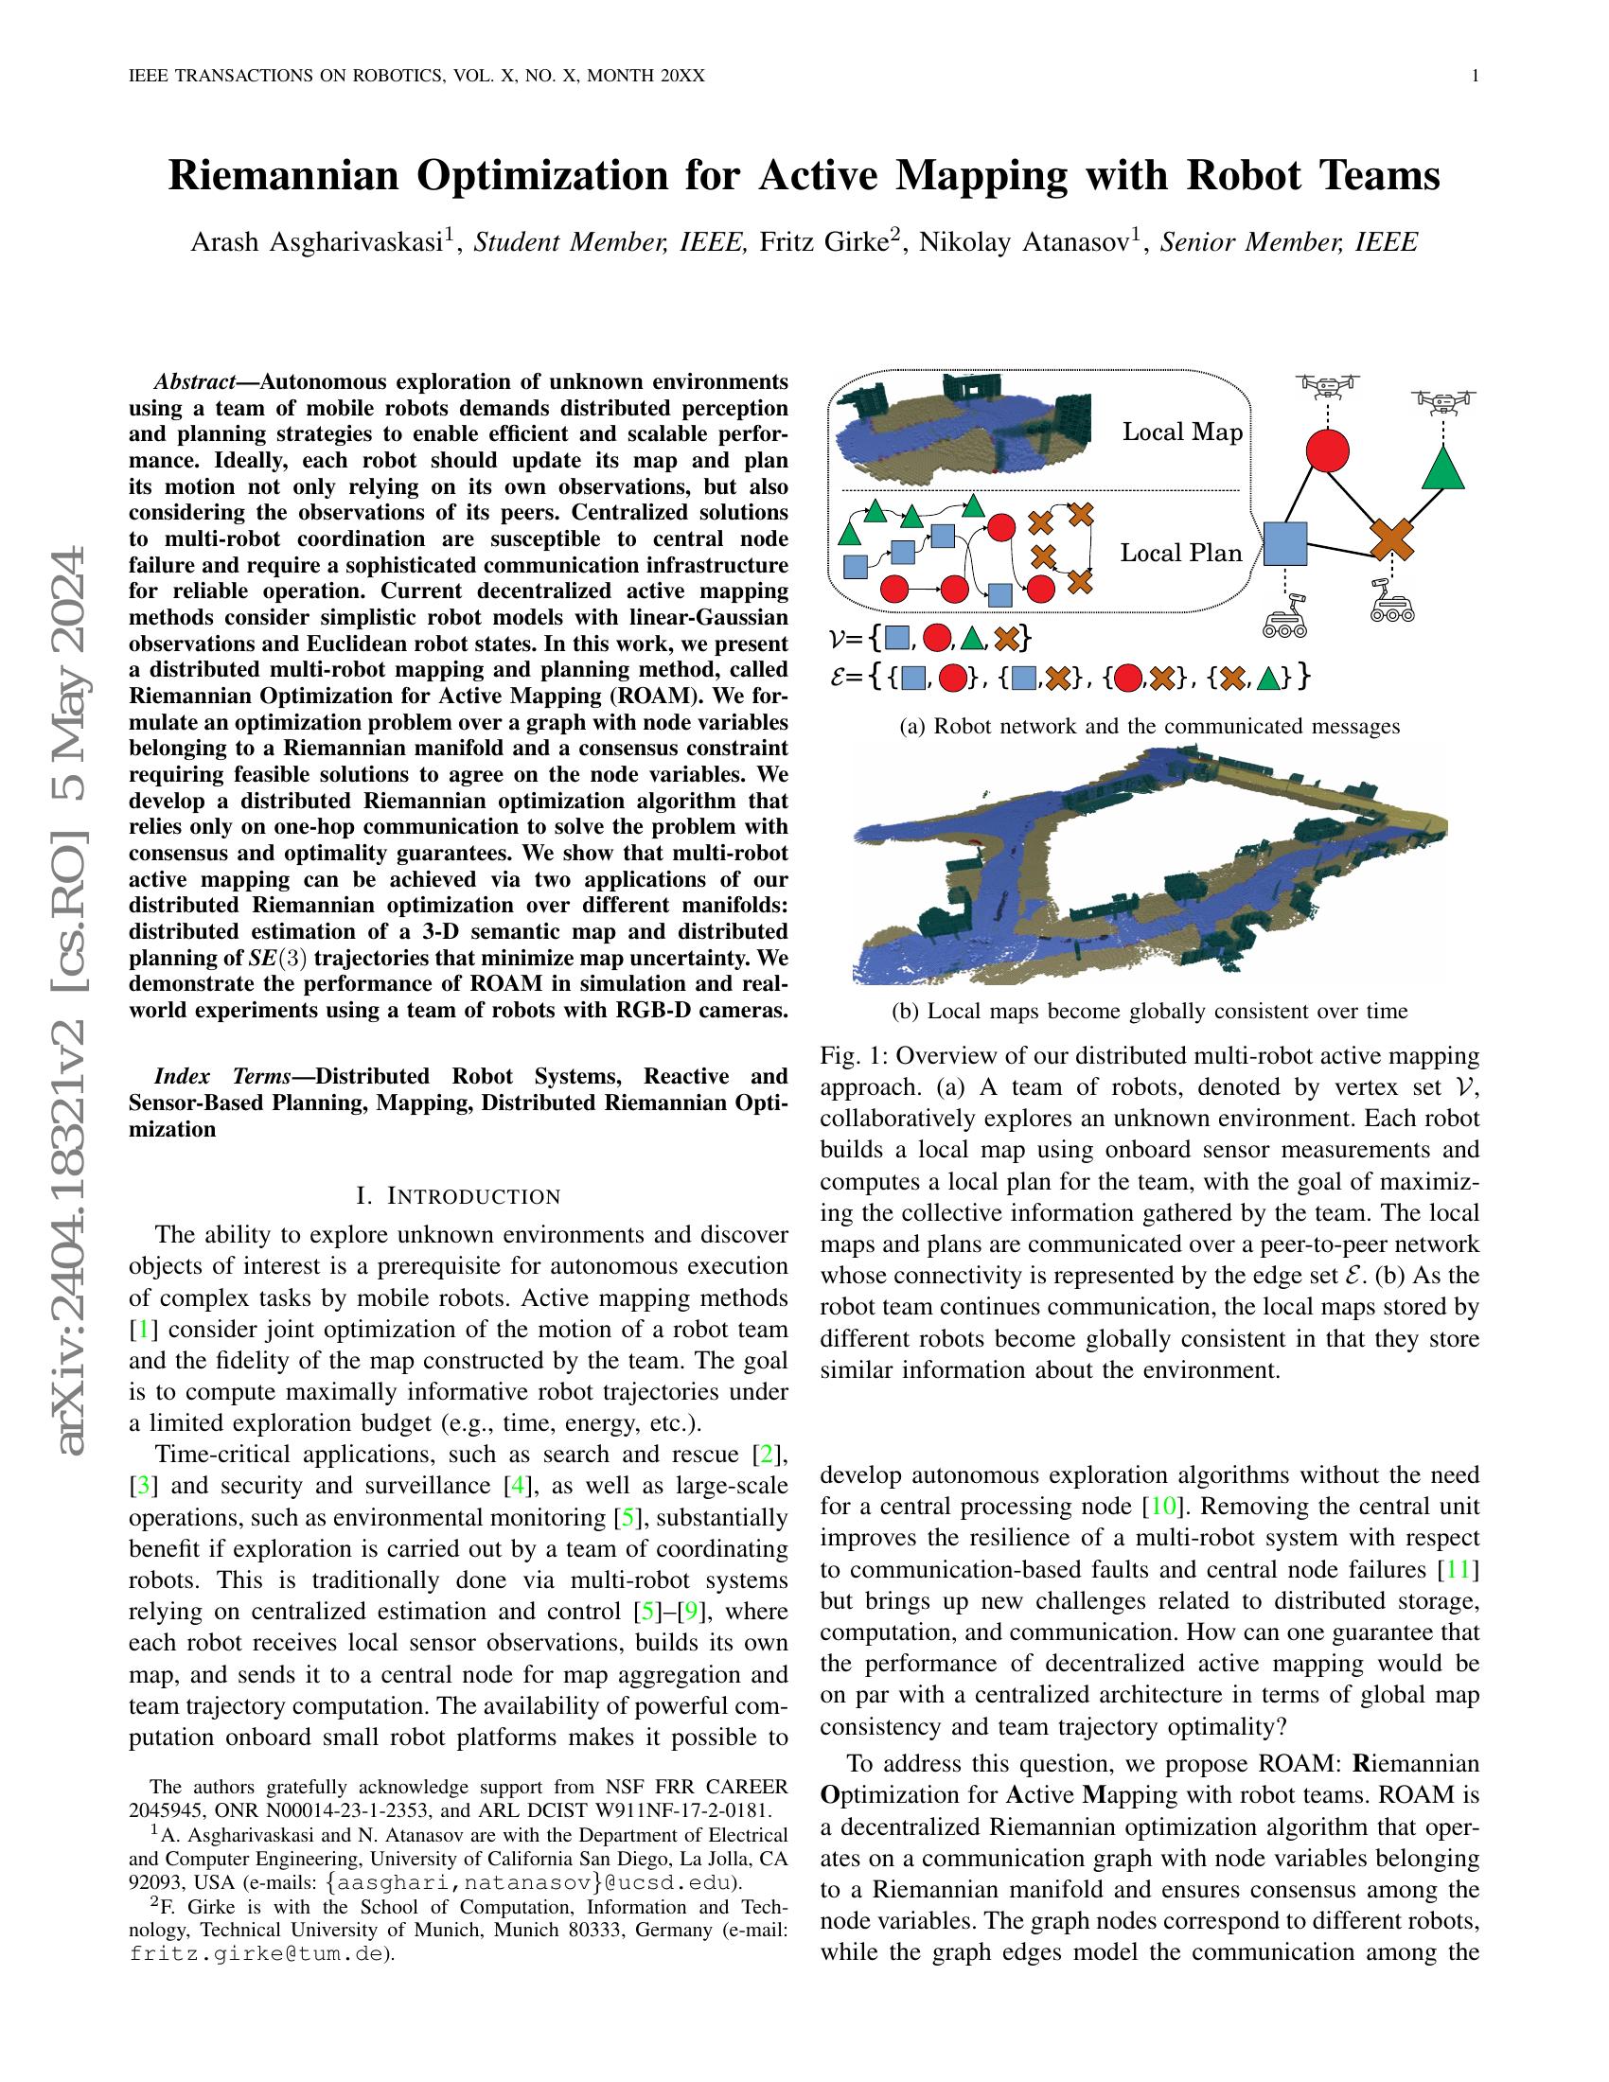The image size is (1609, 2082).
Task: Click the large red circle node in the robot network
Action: tap(1327, 450)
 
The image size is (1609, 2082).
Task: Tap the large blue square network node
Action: tap(1284, 544)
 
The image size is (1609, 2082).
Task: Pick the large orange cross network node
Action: tap(1391, 539)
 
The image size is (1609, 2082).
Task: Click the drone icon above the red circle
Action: tap(1328, 386)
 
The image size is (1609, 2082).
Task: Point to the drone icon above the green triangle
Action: tap(1443, 401)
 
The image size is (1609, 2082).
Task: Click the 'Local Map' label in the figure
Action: tap(1182, 432)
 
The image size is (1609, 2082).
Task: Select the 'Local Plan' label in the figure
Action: tap(1180, 553)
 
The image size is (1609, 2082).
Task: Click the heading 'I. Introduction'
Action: tap(457, 1195)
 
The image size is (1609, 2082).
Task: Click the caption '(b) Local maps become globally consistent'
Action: tap(1150, 1011)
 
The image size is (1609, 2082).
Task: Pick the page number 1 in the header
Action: tap(1475, 77)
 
